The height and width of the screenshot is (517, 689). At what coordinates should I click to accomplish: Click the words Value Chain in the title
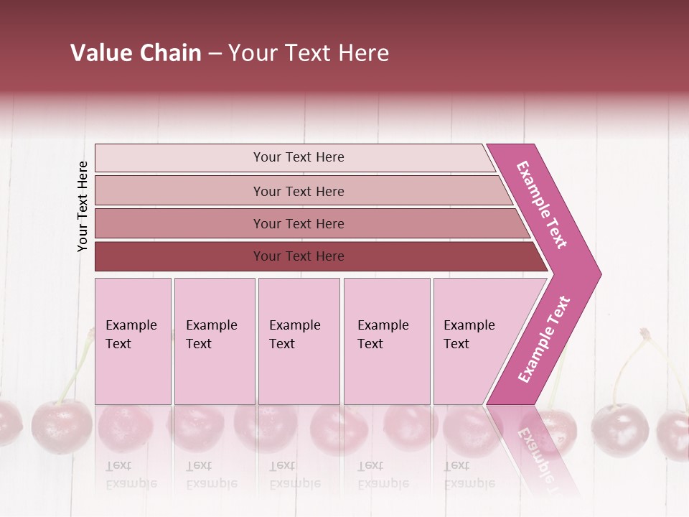136,53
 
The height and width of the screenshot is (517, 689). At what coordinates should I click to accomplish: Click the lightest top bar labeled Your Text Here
298,157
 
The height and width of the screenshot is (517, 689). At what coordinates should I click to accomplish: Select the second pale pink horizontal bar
298,191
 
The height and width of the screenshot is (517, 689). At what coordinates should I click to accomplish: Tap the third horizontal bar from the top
298,223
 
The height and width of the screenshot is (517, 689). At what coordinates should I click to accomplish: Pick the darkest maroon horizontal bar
298,256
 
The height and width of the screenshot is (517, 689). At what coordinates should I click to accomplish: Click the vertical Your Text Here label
83,206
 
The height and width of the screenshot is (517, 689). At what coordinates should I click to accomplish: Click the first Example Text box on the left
133,340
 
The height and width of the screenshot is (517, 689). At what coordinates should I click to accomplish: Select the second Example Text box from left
214,340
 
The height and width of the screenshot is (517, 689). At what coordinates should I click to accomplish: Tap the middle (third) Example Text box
299,340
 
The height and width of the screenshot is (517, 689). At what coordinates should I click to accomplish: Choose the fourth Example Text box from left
386,340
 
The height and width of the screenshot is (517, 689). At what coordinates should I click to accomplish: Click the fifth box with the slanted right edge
474,340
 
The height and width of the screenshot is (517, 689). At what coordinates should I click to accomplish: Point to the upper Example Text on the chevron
542,205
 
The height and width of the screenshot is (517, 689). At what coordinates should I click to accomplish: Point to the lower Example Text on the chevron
543,340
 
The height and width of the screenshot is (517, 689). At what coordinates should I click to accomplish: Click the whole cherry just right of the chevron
619,429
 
